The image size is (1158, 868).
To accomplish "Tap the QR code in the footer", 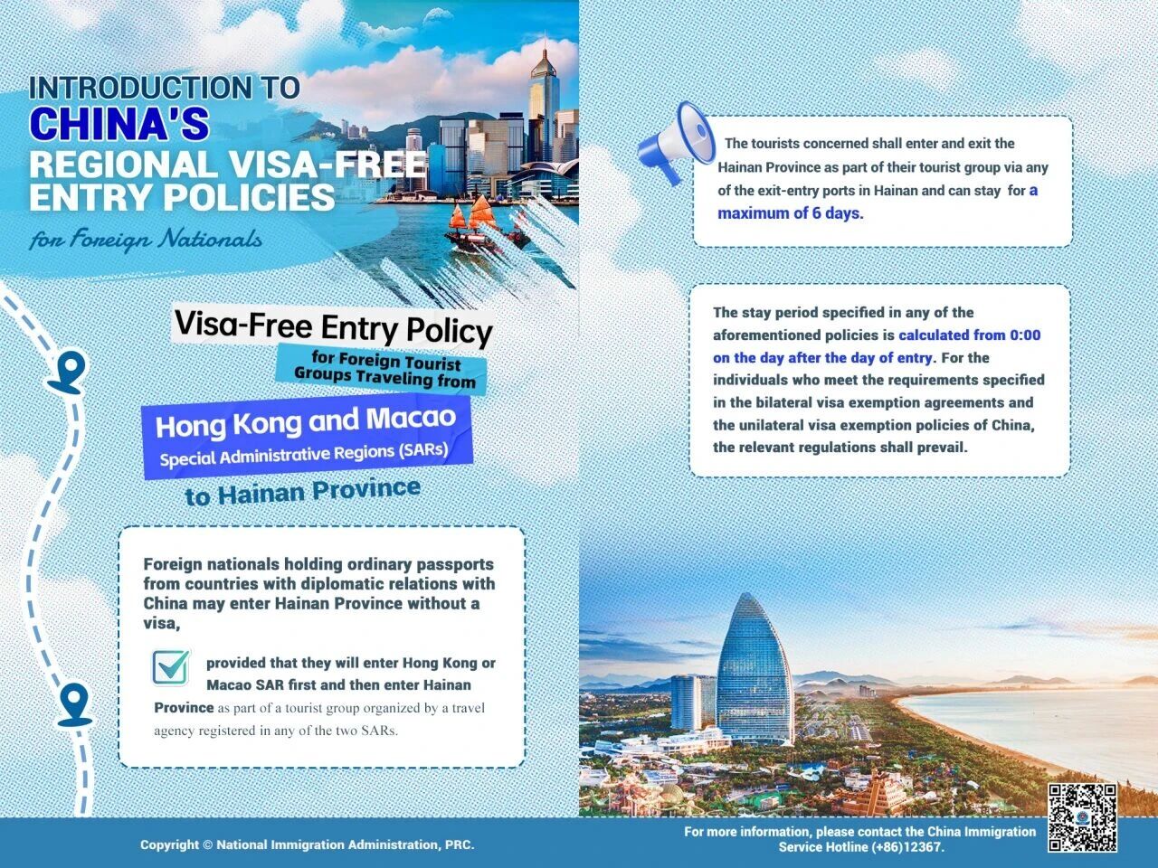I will coord(1082,818).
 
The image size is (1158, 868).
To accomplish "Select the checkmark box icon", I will coord(171,667).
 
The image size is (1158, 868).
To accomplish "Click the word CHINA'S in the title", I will coord(119,124).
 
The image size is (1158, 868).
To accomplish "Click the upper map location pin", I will coord(68,371).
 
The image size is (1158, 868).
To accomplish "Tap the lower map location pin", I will coord(74,703).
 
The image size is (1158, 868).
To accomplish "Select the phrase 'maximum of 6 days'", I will coord(789,213).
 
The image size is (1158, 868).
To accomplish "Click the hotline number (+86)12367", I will coord(907,847).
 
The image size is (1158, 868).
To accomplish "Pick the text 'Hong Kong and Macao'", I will coord(306,421).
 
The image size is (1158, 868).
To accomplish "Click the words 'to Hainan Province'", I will coord(302,491).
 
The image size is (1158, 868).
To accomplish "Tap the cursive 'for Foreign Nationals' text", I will coord(145,239).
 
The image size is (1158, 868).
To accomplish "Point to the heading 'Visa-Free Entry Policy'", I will coord(333,326).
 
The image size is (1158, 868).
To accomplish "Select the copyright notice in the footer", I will coord(307,844).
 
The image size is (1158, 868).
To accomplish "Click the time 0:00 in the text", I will coord(1025,335).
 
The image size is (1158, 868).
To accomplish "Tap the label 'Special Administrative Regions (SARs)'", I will coord(304,453).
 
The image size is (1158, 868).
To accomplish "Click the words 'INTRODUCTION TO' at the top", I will coord(164,88).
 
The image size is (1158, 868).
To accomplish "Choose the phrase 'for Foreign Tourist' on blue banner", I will coord(386,362).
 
